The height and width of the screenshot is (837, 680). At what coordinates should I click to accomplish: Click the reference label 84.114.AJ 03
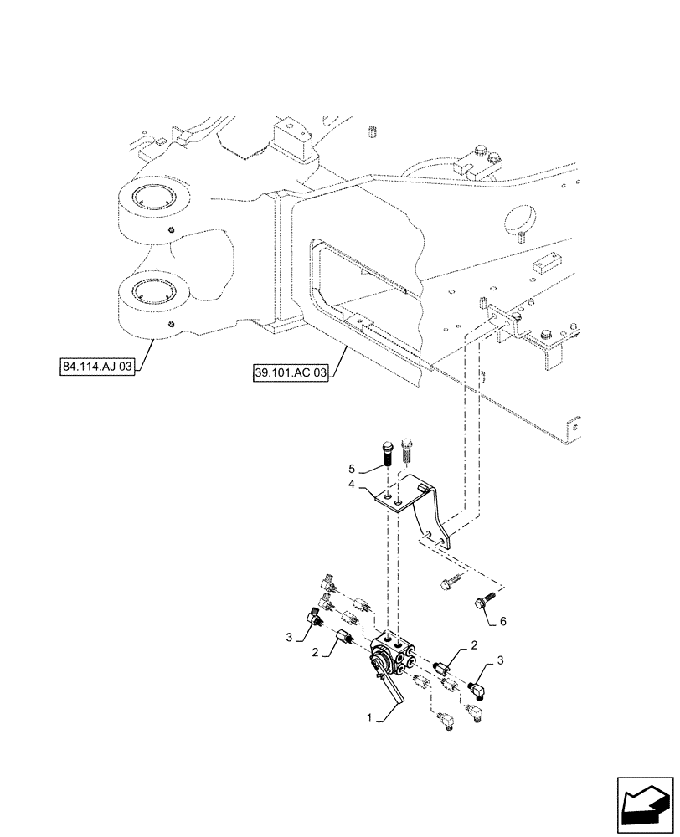pos(97,367)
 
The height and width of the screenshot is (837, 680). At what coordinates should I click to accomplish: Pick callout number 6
pos(502,622)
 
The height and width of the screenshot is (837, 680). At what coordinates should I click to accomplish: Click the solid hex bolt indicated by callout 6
pos(484,603)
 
